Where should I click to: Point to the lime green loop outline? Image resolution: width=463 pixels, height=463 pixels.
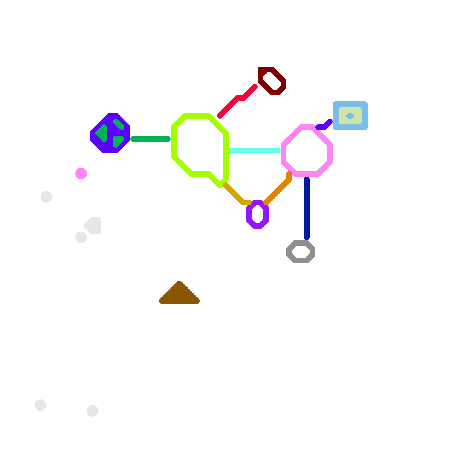[174, 142]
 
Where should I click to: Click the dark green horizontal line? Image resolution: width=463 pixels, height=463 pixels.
[150, 139]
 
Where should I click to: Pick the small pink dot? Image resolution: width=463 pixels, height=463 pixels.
[81, 174]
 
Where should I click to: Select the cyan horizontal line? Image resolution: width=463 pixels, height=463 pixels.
[255, 150]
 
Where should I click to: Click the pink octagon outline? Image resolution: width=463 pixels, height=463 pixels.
[330, 153]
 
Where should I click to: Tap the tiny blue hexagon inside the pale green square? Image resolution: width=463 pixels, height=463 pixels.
[350, 116]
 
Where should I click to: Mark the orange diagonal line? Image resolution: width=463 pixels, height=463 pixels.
[278, 191]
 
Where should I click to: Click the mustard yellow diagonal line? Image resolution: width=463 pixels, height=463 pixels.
[234, 194]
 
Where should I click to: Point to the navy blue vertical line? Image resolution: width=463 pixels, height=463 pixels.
[307, 208]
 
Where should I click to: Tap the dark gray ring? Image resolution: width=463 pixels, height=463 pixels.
[289, 252]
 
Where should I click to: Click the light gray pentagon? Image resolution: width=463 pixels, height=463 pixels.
[94, 225]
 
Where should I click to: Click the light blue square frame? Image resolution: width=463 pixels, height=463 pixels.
[336, 116]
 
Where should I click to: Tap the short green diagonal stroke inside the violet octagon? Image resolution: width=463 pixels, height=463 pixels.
[119, 124]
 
